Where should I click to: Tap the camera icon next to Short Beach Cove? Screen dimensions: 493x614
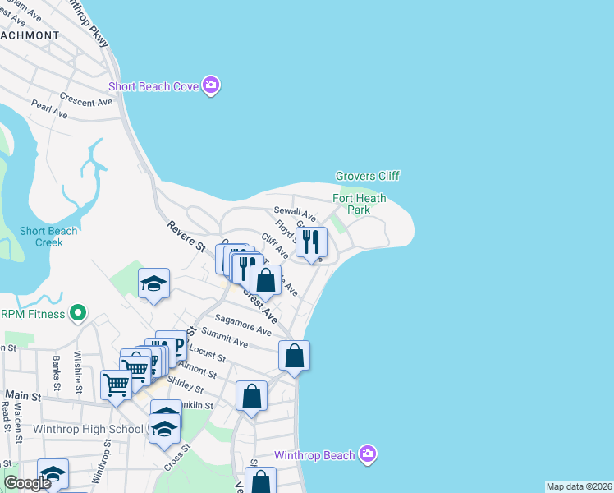(x=211, y=85)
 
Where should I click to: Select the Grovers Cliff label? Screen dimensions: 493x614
(x=367, y=176)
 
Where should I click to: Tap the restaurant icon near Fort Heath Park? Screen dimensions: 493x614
(x=311, y=242)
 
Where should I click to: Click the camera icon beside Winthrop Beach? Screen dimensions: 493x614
(x=369, y=454)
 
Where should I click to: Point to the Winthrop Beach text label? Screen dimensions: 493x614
(x=315, y=455)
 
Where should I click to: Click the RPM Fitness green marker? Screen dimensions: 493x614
(x=78, y=313)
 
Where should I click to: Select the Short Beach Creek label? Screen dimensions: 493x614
(x=48, y=237)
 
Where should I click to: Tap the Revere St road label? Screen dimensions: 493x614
(x=185, y=237)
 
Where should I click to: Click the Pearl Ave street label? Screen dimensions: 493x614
(x=49, y=108)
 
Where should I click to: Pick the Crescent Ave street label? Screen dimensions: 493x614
(x=85, y=101)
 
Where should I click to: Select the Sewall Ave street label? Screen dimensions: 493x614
(x=294, y=214)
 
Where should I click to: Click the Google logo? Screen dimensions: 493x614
(x=27, y=483)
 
